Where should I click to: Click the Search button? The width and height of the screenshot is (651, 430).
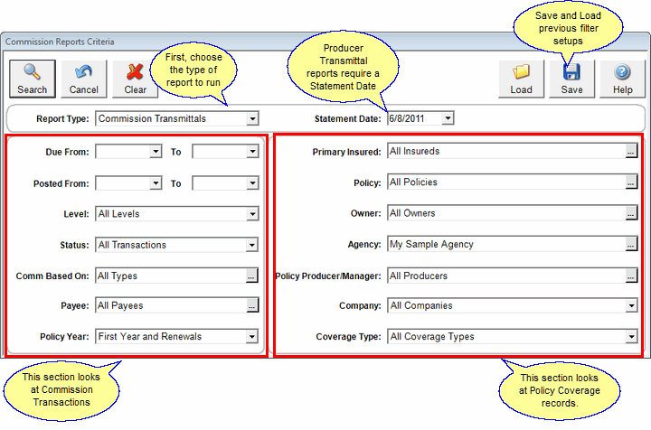point(33,78)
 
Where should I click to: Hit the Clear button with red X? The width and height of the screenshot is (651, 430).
point(136,78)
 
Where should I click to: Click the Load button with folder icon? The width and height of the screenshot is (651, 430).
point(521,78)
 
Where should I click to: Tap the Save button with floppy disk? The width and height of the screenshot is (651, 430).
point(571,78)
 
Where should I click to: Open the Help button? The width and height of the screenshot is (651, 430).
point(622,78)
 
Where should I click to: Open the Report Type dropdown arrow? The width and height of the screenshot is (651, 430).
point(252,118)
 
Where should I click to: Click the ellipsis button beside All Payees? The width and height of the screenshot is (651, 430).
point(252,306)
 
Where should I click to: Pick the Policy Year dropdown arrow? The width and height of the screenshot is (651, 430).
point(252,337)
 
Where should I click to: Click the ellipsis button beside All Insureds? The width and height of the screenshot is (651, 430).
point(631,152)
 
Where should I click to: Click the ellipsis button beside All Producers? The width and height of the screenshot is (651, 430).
point(631,276)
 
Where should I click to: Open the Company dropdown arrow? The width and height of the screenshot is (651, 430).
point(631,306)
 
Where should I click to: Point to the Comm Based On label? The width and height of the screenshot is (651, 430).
point(52,276)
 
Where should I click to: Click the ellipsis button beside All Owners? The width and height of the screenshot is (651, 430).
point(631,214)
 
